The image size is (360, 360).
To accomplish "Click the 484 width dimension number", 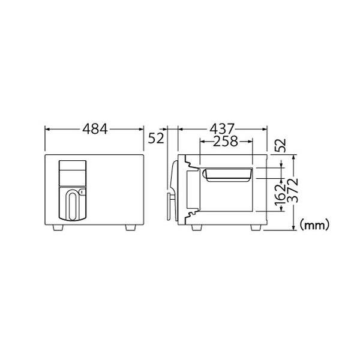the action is click(95, 129).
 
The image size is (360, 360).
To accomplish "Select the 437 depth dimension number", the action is click(222, 129).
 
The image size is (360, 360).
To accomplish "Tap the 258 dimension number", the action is click(226, 142).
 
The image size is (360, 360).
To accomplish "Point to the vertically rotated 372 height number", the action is click(293, 190).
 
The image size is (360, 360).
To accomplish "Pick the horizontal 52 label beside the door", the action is click(156, 139).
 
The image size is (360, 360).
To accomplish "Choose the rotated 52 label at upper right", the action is click(281, 145).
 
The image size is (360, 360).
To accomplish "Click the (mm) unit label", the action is click(314, 225).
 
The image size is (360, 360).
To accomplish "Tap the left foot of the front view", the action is click(58, 227).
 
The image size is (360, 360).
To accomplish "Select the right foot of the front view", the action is click(131, 227).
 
